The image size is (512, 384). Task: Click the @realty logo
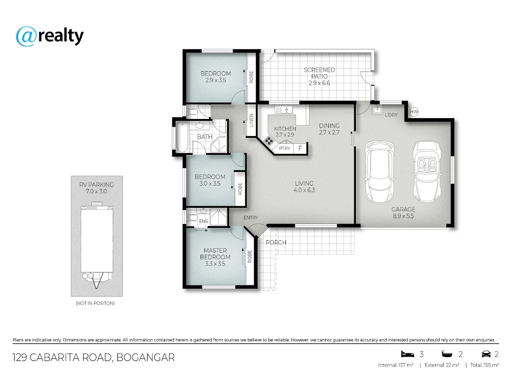point(49,36)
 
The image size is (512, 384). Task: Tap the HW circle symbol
point(414,112)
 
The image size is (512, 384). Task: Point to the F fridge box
point(300,148)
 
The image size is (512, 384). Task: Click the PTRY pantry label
point(285,148)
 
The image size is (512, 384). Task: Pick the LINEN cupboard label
point(251,120)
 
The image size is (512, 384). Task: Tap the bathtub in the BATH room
point(182,137)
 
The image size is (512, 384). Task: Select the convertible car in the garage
point(427,172)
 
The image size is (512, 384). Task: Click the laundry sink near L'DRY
point(377,109)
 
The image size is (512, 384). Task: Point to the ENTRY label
point(251,218)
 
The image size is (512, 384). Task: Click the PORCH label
point(276,242)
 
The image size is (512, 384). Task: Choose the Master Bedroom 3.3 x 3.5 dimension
point(215,264)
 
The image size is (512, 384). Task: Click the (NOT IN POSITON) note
point(95,303)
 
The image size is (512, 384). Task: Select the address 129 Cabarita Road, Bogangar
point(93,358)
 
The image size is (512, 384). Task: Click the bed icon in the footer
point(407,354)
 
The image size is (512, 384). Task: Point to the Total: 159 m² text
point(484,365)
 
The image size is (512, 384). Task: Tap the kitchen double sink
point(284,110)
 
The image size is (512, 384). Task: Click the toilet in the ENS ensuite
point(192,218)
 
